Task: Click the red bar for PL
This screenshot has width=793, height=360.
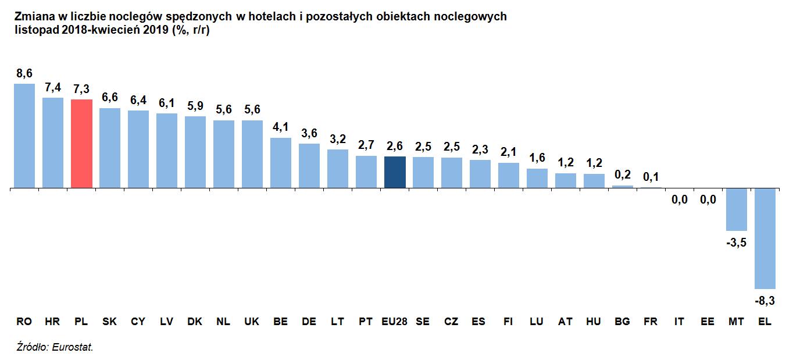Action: (x=81, y=144)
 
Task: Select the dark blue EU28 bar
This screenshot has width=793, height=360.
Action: (x=395, y=172)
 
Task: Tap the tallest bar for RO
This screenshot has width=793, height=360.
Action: (x=24, y=136)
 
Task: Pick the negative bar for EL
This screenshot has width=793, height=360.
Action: (x=765, y=238)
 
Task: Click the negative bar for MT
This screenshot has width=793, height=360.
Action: (x=736, y=209)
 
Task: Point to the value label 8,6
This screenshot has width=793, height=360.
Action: (x=24, y=74)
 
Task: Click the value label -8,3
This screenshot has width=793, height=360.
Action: (x=765, y=301)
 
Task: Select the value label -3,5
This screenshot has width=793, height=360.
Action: (x=736, y=243)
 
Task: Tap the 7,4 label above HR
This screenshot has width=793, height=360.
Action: (x=53, y=88)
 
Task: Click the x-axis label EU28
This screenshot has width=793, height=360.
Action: (x=395, y=322)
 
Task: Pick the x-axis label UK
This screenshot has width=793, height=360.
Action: (x=252, y=322)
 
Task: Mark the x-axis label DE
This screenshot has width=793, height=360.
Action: (x=309, y=322)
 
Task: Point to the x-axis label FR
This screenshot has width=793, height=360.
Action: (x=651, y=322)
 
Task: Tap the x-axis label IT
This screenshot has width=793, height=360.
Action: (x=679, y=322)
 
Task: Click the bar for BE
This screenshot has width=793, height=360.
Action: (x=281, y=163)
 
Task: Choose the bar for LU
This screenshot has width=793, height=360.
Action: (x=537, y=179)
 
